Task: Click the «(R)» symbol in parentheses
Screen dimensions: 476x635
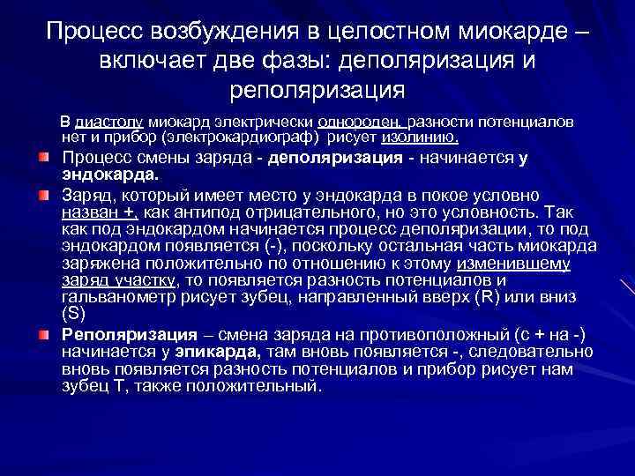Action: coord(487,297)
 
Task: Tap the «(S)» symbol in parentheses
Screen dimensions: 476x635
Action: coord(73,313)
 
